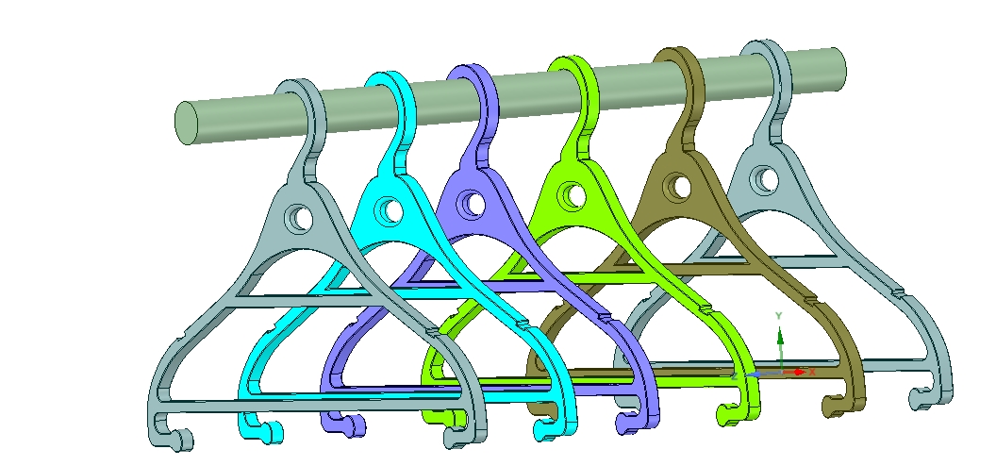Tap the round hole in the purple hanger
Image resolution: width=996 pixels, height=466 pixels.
pyautogui.click(x=475, y=203)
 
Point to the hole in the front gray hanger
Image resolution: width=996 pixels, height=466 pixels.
pyautogui.click(x=301, y=218)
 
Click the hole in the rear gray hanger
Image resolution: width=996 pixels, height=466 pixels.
pyautogui.click(x=766, y=177)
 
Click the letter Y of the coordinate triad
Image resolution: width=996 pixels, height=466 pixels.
pyautogui.click(x=779, y=314)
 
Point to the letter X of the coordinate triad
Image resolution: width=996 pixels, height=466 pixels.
pyautogui.click(x=812, y=373)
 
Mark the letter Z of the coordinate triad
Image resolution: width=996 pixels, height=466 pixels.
pyautogui.click(x=735, y=375)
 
